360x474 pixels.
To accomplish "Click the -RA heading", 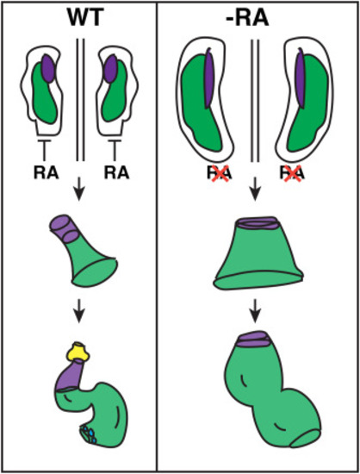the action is tap(247, 18).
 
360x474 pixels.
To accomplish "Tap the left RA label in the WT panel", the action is tap(46, 173).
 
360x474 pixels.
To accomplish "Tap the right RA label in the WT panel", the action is tap(116, 173).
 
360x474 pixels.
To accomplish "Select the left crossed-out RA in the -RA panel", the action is tap(220, 173).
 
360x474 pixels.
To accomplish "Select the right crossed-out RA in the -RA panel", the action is tap(291, 173).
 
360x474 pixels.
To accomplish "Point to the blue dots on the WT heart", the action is tap(88, 434).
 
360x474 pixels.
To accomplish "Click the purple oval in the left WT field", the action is tap(48, 68).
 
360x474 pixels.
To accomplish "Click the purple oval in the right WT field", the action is tap(110, 68).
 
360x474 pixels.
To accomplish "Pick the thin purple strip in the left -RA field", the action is tap(209, 78).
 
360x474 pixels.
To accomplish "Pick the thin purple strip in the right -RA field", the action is tap(301, 78).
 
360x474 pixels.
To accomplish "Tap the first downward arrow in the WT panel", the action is tap(79, 190).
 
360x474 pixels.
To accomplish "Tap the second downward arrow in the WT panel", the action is tap(79, 311).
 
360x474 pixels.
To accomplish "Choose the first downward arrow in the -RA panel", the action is tap(256, 190).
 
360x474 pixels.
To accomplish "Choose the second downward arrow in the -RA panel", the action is tap(256, 311).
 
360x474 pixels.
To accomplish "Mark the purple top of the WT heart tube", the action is tap(65, 229).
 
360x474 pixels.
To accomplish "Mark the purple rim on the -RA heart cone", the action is tap(257, 223).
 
